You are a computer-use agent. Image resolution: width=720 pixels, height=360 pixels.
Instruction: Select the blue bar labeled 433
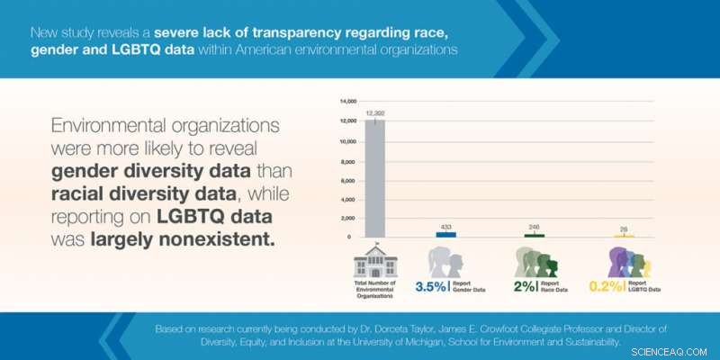point(445,234)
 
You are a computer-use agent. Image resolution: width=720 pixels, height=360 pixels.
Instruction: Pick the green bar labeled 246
point(534,235)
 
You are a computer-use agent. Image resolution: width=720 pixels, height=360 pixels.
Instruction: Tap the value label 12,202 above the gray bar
point(375,112)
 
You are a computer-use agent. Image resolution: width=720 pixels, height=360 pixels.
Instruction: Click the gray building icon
point(375,261)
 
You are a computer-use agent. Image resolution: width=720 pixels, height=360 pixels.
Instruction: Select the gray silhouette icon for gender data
point(445,261)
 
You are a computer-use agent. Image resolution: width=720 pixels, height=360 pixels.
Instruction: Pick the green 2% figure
point(525,287)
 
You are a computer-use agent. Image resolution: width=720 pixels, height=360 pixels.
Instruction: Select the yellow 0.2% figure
point(607,287)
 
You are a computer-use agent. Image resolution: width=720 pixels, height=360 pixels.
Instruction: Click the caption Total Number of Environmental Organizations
point(375,289)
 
